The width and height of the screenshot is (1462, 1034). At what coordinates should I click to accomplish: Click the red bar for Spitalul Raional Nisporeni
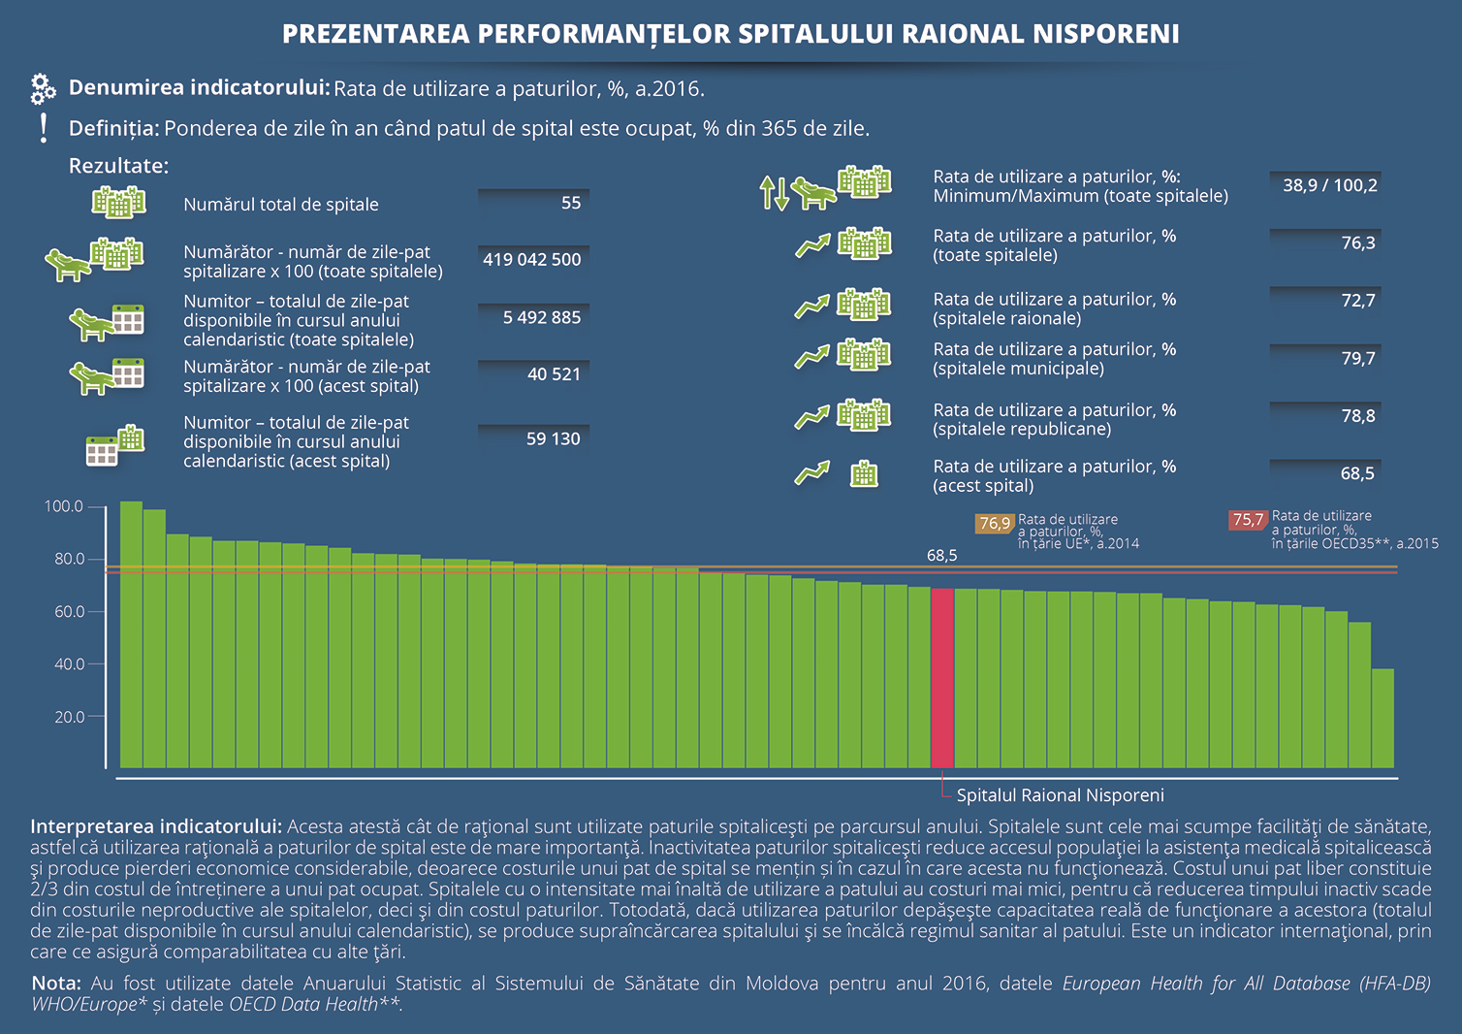pyautogui.click(x=941, y=678)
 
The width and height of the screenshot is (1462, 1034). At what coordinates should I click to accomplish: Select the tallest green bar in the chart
pyautogui.click(x=131, y=634)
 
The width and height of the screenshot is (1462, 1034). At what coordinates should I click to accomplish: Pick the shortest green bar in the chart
pyautogui.click(x=1383, y=718)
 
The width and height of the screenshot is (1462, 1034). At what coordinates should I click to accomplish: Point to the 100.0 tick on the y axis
pyautogui.click(x=64, y=506)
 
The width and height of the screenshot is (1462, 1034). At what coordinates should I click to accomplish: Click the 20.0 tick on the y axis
pyautogui.click(x=69, y=717)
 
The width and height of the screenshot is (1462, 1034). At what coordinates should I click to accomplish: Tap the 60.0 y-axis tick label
pyautogui.click(x=69, y=612)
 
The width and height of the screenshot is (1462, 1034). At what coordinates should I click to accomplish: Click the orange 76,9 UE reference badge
pyautogui.click(x=995, y=524)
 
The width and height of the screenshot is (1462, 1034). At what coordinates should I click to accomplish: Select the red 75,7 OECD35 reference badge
pyautogui.click(x=1248, y=520)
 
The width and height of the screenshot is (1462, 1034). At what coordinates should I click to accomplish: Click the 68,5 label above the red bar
pyautogui.click(x=941, y=556)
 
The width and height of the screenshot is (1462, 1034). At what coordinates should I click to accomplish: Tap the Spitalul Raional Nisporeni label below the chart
pyautogui.click(x=1060, y=795)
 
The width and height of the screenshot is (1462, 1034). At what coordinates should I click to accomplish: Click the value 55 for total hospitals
pyautogui.click(x=571, y=203)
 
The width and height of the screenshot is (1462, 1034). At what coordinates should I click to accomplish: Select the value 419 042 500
pyautogui.click(x=532, y=259)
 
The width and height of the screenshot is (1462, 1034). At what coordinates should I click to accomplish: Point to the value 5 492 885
pyautogui.click(x=542, y=317)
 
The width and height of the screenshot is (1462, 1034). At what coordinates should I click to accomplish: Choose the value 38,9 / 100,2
pyautogui.click(x=1329, y=185)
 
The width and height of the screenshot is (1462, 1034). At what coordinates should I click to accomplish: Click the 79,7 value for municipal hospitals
pyautogui.click(x=1357, y=359)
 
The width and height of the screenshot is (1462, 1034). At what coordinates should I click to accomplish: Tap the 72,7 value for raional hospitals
pyautogui.click(x=1357, y=301)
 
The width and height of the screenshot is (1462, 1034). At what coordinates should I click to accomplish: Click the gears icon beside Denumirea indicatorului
pyautogui.click(x=43, y=89)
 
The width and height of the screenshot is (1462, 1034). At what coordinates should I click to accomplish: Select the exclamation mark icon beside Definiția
pyautogui.click(x=44, y=128)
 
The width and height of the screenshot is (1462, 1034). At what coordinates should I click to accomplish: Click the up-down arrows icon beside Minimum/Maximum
pyautogui.click(x=775, y=193)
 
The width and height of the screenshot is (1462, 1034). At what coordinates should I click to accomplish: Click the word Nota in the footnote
pyautogui.click(x=56, y=983)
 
